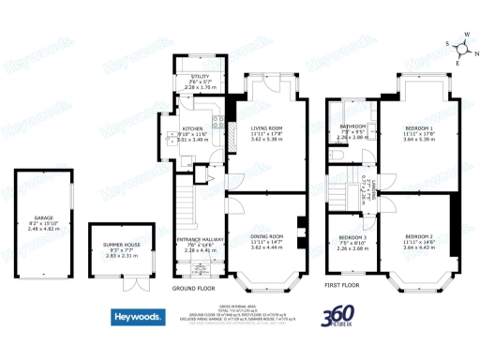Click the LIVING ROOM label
point(266,128)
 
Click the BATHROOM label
point(352,126)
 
